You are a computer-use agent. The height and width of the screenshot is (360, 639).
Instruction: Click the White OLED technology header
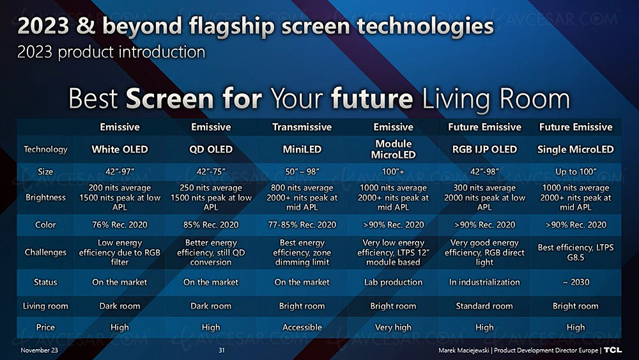click(119, 149)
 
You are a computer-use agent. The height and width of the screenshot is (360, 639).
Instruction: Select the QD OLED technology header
click(211, 149)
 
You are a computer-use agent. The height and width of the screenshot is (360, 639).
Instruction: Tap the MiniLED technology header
click(302, 149)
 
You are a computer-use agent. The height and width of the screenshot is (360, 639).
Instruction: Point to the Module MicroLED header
click(393, 149)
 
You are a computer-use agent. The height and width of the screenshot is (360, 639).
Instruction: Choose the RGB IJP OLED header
click(484, 149)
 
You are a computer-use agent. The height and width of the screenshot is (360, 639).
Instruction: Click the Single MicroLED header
click(576, 149)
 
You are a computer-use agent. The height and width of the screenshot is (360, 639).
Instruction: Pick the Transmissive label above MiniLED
click(302, 127)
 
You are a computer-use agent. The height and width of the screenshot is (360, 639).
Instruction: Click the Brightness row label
click(45, 198)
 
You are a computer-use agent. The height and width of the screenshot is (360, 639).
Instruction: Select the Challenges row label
click(45, 253)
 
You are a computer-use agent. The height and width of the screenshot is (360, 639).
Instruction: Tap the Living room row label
click(45, 306)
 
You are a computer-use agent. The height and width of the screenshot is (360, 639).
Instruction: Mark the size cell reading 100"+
click(393, 171)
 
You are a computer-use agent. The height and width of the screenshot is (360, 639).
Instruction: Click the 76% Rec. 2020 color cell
click(119, 224)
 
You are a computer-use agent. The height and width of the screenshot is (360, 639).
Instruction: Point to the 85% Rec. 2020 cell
click(211, 224)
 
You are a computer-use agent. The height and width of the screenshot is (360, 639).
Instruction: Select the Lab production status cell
click(393, 282)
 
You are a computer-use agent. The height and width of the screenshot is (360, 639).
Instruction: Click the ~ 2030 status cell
click(576, 282)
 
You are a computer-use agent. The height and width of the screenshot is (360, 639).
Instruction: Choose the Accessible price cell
click(302, 327)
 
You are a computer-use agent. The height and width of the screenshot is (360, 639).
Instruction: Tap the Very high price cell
click(393, 327)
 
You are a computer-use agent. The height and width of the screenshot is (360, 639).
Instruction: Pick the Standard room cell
click(484, 306)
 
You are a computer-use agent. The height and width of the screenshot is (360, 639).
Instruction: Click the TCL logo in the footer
click(613, 350)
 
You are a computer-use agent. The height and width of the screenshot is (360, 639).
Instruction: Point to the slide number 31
click(222, 350)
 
